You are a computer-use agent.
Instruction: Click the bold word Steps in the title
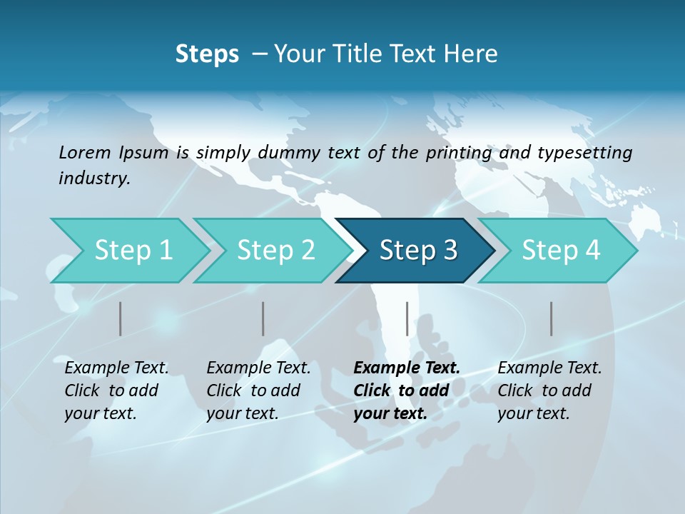[x=207, y=54]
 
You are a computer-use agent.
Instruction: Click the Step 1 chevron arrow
[x=128, y=251]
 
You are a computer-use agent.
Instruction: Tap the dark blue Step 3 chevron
[x=417, y=251]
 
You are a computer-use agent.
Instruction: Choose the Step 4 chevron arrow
[x=559, y=251]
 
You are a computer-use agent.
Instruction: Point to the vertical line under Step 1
[x=121, y=318]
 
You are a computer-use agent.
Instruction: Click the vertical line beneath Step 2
[x=263, y=318]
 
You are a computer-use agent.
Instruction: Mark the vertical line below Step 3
[x=407, y=318]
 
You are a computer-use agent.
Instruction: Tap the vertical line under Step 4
[x=552, y=318]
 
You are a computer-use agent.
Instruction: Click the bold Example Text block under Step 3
[x=406, y=390]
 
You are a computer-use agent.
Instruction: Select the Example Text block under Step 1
[x=116, y=390]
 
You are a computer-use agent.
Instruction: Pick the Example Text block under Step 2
[x=258, y=390]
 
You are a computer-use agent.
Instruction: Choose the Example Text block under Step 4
[x=549, y=390]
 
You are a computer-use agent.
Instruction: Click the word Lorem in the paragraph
[x=84, y=152]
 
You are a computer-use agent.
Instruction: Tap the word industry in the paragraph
[x=93, y=178]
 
